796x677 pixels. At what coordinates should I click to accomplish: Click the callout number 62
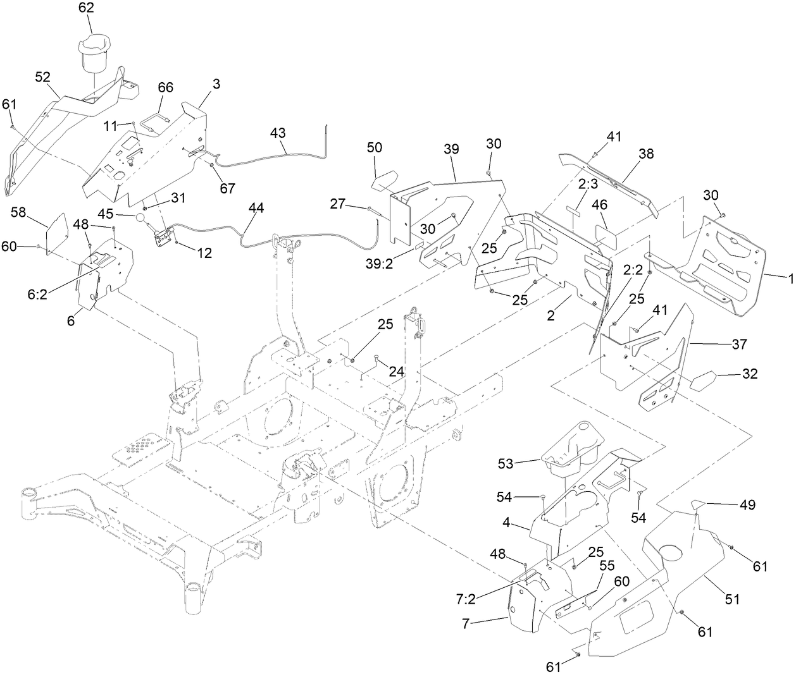point(86,8)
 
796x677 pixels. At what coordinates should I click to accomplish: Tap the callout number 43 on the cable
point(277,133)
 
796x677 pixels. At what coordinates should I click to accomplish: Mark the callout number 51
point(731,599)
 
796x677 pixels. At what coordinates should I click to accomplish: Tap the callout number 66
point(165,88)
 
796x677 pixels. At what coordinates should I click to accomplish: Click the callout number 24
point(396,372)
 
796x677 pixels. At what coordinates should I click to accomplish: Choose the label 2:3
point(588,183)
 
